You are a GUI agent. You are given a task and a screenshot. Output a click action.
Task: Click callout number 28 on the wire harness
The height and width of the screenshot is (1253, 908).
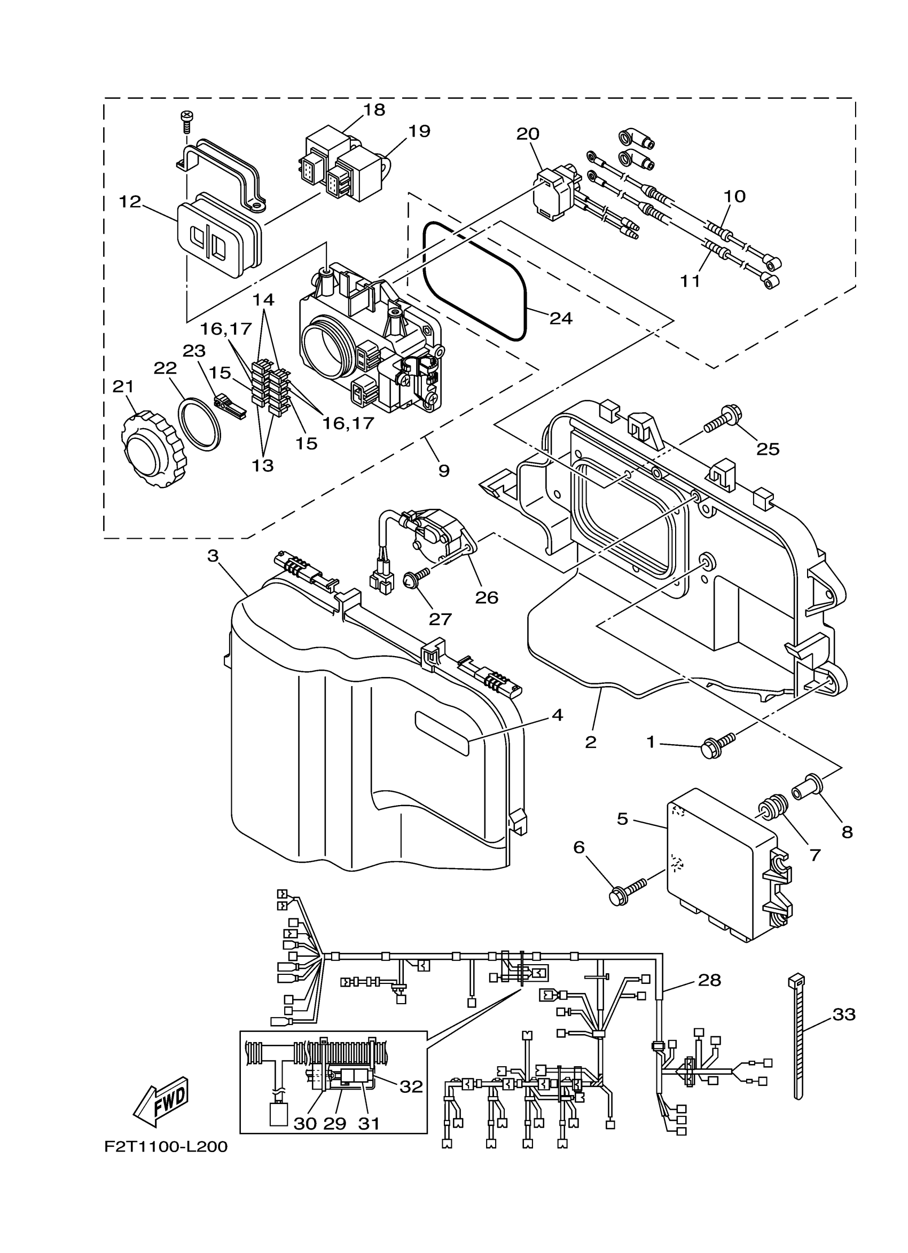click(x=710, y=981)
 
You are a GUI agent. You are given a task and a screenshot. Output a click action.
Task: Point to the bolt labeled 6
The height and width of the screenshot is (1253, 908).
click(x=627, y=892)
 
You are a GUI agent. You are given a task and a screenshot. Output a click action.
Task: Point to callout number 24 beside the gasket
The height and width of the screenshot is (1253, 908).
click(x=561, y=318)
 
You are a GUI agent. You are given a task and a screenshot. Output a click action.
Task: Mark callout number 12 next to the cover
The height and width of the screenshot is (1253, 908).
click(x=130, y=202)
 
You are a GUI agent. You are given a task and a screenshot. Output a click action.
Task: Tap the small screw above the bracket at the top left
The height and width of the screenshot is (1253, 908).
click(x=186, y=121)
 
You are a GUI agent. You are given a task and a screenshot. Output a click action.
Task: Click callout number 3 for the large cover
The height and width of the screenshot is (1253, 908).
click(x=213, y=555)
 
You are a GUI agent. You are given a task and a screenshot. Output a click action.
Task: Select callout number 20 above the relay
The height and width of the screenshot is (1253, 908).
click(x=528, y=133)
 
